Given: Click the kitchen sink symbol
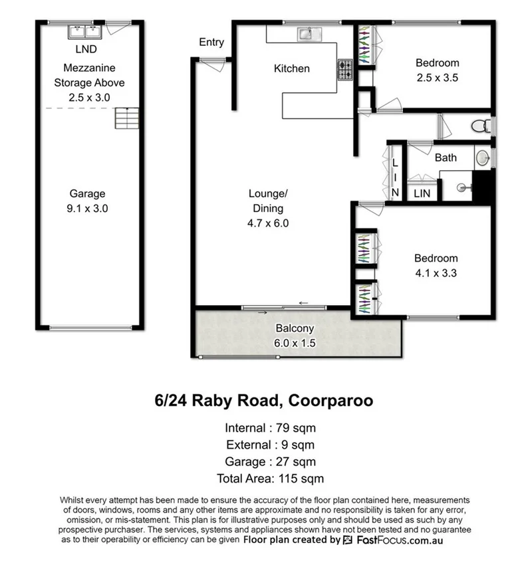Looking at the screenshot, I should point(309,33).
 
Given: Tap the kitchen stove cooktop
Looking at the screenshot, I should point(345,70).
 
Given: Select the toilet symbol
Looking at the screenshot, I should point(479,126).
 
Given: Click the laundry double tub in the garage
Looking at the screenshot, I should point(84,32).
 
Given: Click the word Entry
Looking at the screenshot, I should point(211,43).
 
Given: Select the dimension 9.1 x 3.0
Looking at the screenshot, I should point(88,208).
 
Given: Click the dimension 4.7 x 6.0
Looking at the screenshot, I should point(268,223).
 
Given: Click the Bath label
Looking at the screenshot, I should point(446,158).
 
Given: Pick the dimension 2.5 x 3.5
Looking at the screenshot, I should point(437,77).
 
